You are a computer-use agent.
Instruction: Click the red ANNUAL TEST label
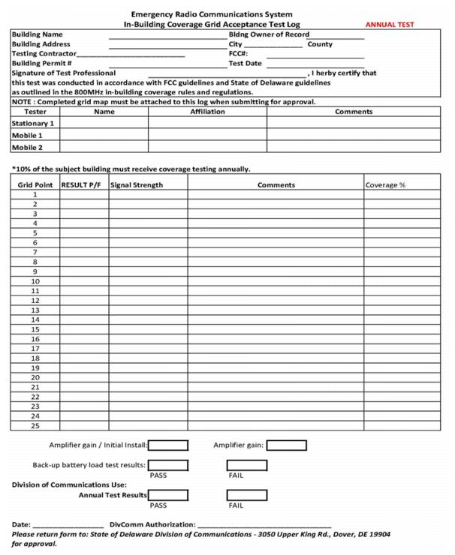(x=389, y=25)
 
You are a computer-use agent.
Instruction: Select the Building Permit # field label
(x=41, y=64)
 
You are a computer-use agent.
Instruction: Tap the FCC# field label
(x=238, y=54)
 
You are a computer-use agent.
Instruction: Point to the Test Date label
(x=245, y=64)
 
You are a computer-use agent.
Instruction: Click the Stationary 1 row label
(x=33, y=123)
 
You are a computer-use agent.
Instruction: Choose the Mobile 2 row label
(x=27, y=148)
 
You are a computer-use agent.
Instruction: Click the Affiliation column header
(x=207, y=112)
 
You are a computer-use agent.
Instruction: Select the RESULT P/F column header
(x=82, y=184)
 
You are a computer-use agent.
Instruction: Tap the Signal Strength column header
(x=137, y=184)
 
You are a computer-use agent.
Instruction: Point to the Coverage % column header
(x=385, y=184)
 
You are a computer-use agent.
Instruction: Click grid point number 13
(x=35, y=310)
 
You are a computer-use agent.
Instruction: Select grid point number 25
(x=35, y=425)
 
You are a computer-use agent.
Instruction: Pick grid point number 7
(x=35, y=252)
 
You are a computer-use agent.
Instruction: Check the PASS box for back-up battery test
(x=167, y=465)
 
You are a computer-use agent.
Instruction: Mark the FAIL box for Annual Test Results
(x=246, y=495)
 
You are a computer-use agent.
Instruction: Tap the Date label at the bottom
(x=21, y=524)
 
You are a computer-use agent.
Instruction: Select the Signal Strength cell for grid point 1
(x=148, y=194)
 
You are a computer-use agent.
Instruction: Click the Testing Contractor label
(x=44, y=54)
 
